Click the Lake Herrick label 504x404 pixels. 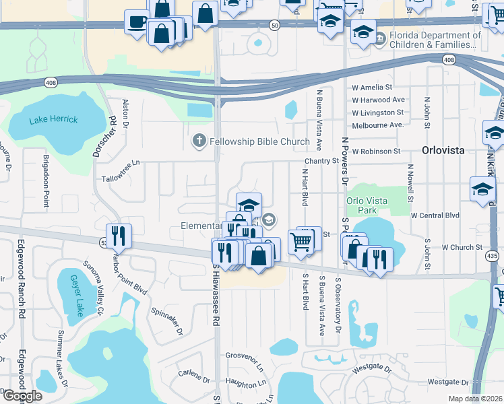53,120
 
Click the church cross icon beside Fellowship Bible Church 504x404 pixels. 199,141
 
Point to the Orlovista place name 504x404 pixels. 443,150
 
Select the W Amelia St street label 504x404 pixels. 372,88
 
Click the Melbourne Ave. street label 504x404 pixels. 377,125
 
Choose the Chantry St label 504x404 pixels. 321,161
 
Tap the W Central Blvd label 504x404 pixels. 435,215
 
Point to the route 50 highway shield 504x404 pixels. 274,24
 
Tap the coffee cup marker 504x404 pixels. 137,22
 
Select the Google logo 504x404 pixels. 22,396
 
